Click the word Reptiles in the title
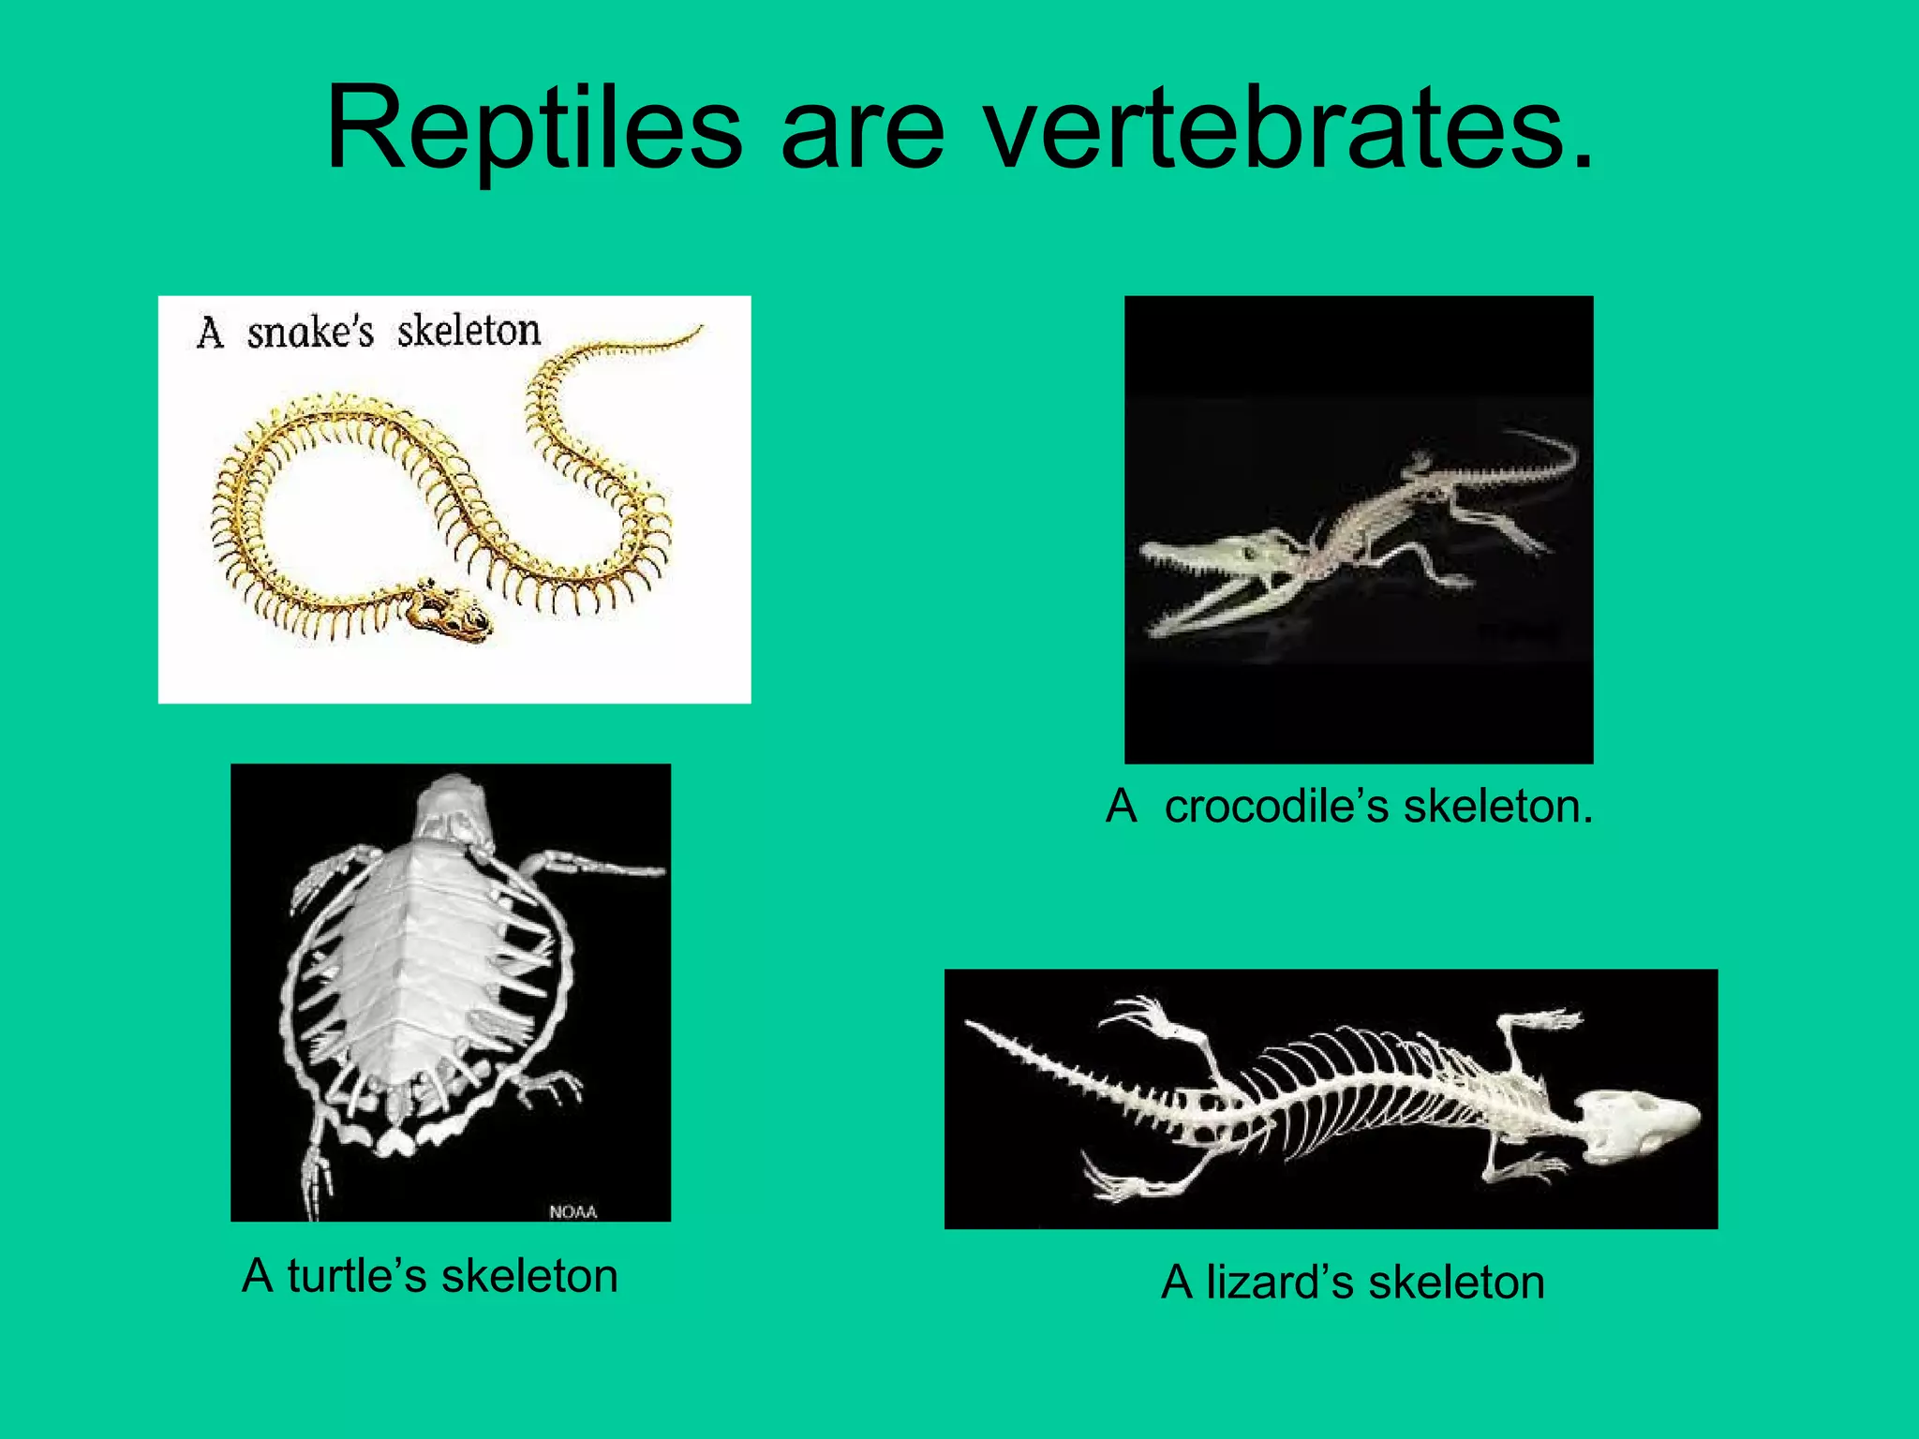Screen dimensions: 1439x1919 [x=534, y=131]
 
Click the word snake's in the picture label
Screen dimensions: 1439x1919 [x=310, y=333]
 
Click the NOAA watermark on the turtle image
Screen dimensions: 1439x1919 [x=573, y=1211]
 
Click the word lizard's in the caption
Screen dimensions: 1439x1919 [x=1279, y=1283]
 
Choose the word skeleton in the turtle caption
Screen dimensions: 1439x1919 [x=529, y=1276]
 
